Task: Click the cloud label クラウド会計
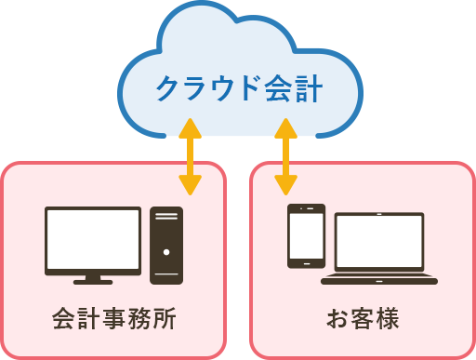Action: point(238,90)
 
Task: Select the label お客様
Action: point(362,319)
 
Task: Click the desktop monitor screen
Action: point(93,238)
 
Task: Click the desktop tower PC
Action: point(166,246)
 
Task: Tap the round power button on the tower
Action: point(166,251)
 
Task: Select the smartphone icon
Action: point(306,235)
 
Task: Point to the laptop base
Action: point(379,278)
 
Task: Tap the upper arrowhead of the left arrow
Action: point(191,126)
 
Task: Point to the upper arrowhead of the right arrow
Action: point(285,126)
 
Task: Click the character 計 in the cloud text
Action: point(308,90)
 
